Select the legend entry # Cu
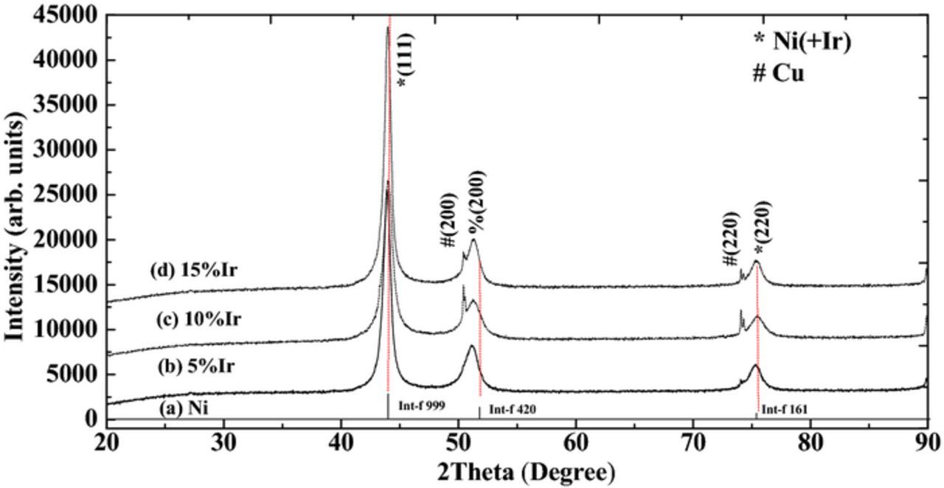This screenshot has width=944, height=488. [x=777, y=74]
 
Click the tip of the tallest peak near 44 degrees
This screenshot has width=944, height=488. [x=388, y=27]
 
